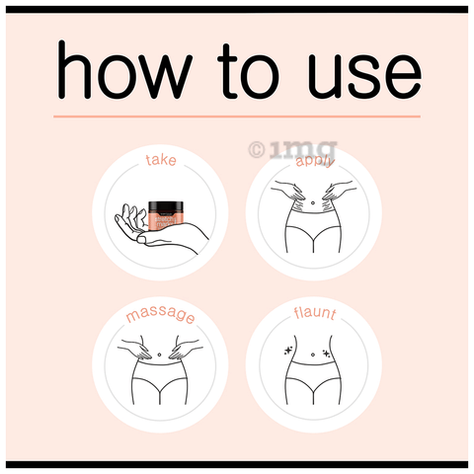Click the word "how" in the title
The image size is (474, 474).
point(123,69)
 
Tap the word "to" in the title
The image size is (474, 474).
point(248,71)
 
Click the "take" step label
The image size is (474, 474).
point(161,160)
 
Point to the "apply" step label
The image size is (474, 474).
point(315,161)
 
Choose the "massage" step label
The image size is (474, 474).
point(160,315)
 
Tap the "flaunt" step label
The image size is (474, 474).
point(315,313)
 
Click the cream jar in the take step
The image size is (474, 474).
point(166,215)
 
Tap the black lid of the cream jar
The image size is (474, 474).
point(166,205)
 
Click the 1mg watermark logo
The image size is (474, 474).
point(293,150)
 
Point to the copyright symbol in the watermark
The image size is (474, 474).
point(257,150)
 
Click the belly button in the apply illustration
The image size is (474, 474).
point(313,202)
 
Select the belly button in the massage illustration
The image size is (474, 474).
point(160,355)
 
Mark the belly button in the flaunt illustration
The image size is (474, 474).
point(313,355)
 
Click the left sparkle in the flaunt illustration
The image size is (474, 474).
point(288,351)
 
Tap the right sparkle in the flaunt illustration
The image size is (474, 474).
point(326,354)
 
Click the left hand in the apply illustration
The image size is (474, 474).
point(288,191)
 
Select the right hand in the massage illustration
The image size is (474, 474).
point(185,348)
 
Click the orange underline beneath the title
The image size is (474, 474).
point(237,117)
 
